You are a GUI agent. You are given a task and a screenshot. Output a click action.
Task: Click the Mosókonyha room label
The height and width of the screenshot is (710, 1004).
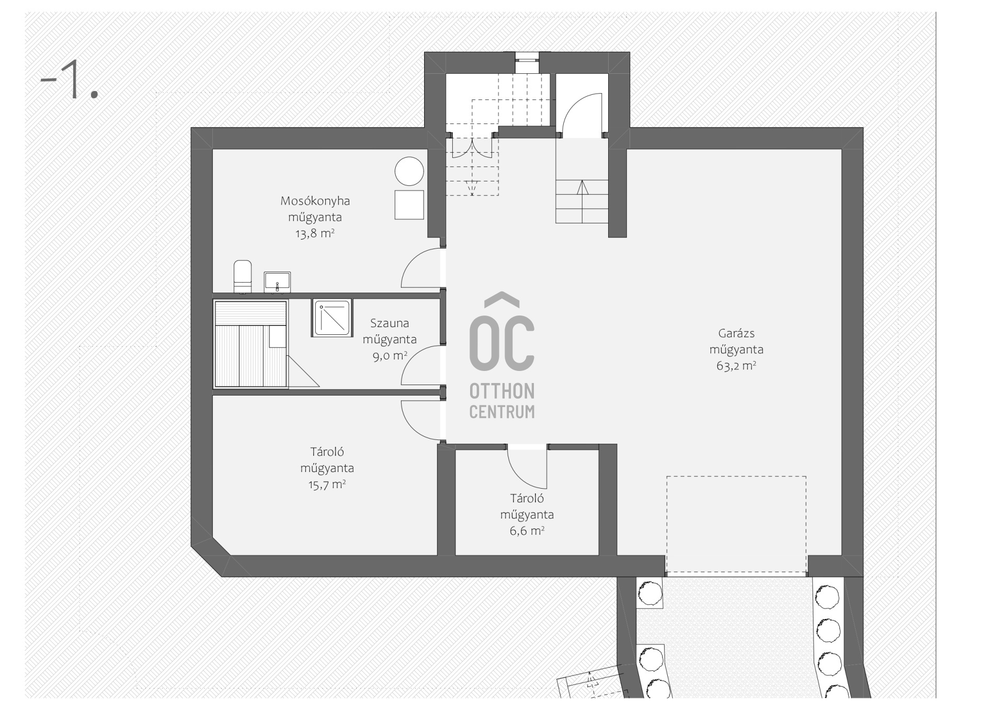pyautogui.click(x=315, y=201)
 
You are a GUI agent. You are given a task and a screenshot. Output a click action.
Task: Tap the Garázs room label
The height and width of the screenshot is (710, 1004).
pyautogui.click(x=736, y=333)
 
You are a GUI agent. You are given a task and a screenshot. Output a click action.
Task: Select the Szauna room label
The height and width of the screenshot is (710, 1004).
pyautogui.click(x=390, y=323)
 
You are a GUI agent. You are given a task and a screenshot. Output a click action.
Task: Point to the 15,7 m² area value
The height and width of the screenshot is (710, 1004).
pyautogui.click(x=327, y=484)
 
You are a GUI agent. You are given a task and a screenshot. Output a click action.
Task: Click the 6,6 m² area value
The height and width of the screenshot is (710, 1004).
pyautogui.click(x=527, y=531)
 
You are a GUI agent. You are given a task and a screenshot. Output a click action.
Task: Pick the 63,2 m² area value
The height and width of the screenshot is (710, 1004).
pyautogui.click(x=736, y=366)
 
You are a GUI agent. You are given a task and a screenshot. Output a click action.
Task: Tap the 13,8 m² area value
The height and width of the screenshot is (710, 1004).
pyautogui.click(x=315, y=233)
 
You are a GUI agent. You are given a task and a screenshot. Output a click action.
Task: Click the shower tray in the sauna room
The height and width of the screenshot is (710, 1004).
pyautogui.click(x=332, y=318)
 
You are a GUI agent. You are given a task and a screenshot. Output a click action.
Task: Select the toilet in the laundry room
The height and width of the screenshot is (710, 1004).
pyautogui.click(x=242, y=276)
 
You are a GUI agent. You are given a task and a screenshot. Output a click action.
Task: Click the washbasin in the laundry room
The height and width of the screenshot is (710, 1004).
pyautogui.click(x=277, y=282)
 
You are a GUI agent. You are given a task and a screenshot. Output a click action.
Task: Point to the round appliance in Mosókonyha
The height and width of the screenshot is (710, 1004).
pyautogui.click(x=409, y=171)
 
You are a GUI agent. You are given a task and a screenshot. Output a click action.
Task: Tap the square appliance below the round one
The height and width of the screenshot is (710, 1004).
pyautogui.click(x=409, y=205)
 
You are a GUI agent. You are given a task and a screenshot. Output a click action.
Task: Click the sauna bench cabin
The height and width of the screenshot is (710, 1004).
pyautogui.click(x=250, y=344)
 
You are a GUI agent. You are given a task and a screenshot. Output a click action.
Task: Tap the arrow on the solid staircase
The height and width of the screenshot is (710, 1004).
pyautogui.click(x=582, y=201)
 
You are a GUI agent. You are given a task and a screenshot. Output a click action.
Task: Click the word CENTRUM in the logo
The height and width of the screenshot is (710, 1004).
pyautogui.click(x=502, y=412)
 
